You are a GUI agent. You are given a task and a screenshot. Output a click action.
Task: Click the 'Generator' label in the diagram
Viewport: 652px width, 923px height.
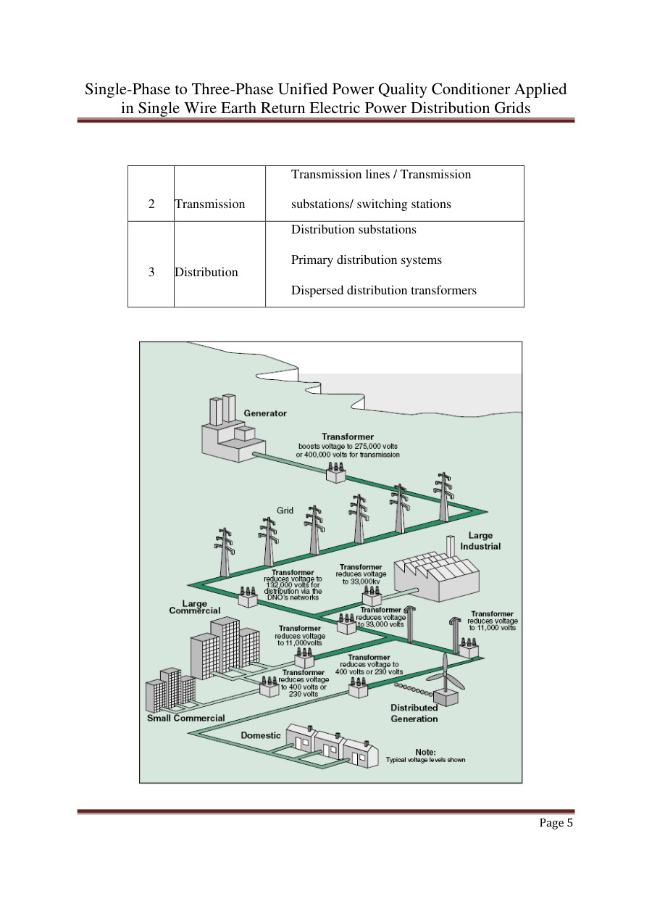coord(265,413)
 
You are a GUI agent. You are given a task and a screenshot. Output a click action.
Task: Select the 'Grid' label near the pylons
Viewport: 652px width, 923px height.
coord(285,510)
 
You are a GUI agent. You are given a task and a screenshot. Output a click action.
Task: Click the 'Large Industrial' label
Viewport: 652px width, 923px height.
coord(480,541)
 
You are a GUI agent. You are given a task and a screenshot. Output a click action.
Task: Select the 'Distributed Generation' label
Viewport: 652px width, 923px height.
coord(414,713)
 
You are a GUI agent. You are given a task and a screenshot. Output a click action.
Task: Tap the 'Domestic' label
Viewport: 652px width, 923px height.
coord(260,735)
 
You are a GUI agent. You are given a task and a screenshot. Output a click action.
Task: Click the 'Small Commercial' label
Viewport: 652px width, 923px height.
coord(185,718)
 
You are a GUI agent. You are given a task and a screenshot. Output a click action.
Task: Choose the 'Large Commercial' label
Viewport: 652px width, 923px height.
coord(194,607)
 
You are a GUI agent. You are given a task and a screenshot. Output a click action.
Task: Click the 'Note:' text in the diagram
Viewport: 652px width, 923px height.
coord(425,752)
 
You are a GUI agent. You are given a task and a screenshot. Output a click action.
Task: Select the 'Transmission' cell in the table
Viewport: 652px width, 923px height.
coord(210,204)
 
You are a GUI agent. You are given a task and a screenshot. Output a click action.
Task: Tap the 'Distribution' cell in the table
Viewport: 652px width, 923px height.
coord(206,273)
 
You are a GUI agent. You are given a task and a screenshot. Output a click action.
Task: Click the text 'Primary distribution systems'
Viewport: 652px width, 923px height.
coord(366,260)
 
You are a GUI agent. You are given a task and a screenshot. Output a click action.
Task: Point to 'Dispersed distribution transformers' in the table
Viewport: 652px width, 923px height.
coord(383,290)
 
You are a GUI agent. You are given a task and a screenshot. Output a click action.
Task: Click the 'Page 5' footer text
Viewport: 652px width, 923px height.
coord(556,824)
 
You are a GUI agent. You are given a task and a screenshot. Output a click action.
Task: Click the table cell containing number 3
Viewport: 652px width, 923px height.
coord(151,273)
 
